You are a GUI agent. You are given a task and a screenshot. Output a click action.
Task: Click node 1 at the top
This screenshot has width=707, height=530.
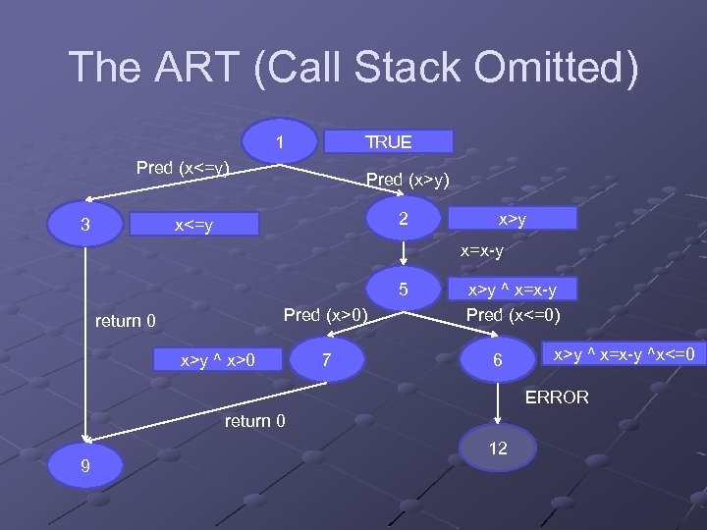pyautogui.click(x=281, y=142)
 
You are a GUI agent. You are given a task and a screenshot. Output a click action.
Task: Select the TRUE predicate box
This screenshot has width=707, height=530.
pyautogui.click(x=389, y=141)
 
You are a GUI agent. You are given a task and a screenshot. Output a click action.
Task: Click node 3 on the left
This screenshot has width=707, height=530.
pyautogui.click(x=85, y=226)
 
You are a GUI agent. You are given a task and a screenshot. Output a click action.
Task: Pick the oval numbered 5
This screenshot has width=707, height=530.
pyautogui.click(x=403, y=290)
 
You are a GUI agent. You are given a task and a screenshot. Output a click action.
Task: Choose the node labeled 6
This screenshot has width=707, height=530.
pyautogui.click(x=498, y=360)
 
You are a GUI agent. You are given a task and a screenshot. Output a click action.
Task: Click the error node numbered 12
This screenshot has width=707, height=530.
pyautogui.click(x=498, y=448)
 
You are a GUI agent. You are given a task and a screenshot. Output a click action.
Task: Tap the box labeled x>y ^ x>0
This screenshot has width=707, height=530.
pyautogui.click(x=218, y=359)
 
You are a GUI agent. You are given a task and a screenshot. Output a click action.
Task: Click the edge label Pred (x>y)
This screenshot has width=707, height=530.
pyautogui.click(x=408, y=179)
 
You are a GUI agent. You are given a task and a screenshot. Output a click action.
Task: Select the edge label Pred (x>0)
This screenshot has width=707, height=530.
pyautogui.click(x=325, y=315)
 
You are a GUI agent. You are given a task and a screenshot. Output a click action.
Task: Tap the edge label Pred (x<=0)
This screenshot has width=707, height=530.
pyautogui.click(x=512, y=315)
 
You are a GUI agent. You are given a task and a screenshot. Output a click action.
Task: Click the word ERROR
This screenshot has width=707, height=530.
pyautogui.click(x=557, y=397)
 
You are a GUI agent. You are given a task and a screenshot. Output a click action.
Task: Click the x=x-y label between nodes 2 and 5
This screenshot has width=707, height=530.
pyautogui.click(x=482, y=252)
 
